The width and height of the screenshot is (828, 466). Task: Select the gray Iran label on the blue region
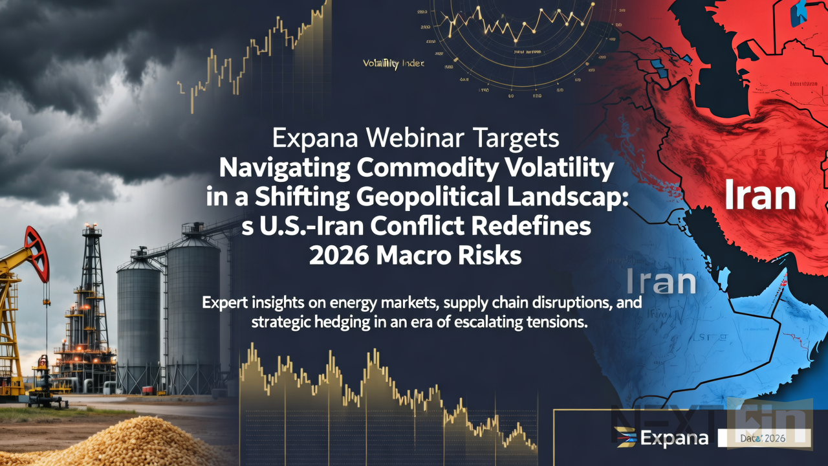661,283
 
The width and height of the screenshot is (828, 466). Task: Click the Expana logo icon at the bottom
625,438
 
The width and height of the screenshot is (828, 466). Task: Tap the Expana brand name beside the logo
674,438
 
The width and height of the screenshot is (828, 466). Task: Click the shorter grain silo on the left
138,324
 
